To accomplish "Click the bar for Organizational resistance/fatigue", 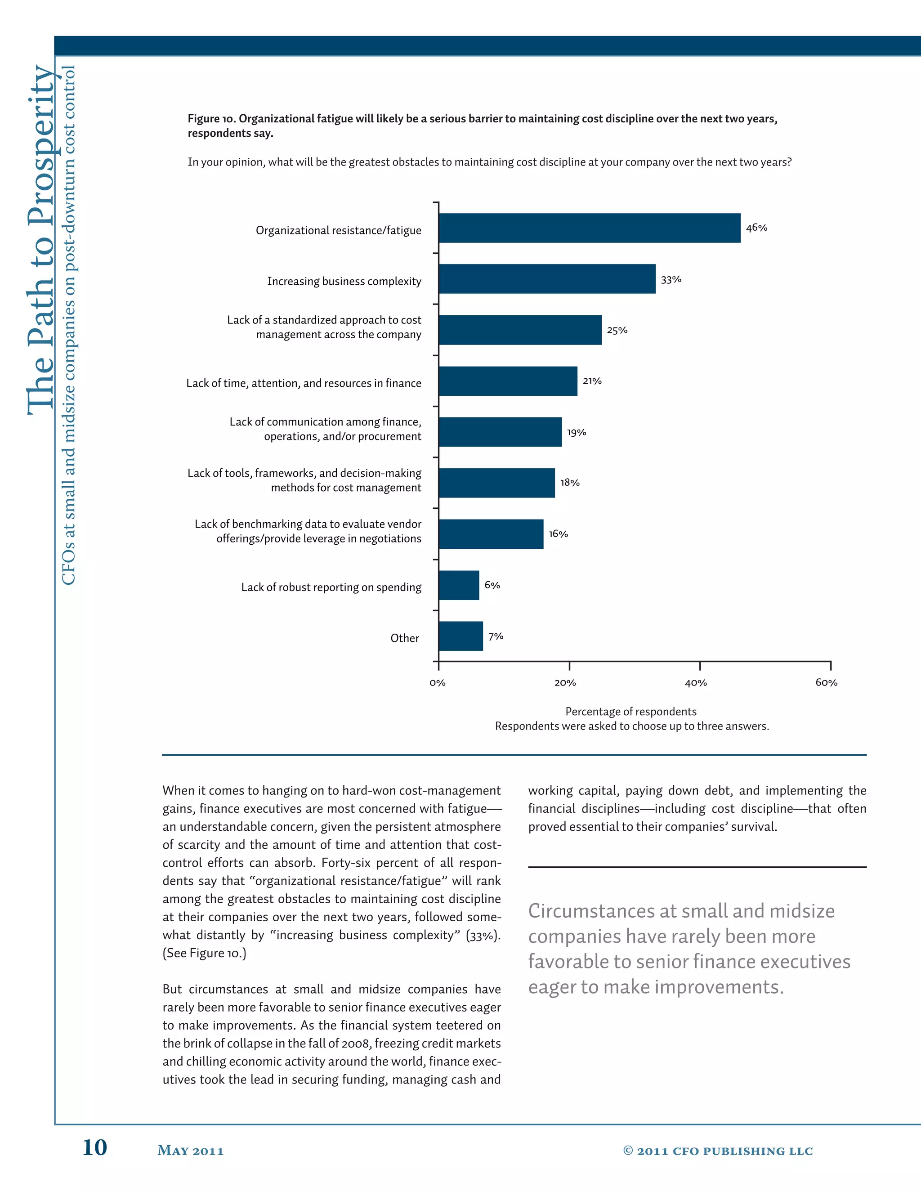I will [589, 228].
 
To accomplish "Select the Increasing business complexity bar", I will [547, 279].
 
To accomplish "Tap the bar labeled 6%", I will [459, 585].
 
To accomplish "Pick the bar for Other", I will [460, 636].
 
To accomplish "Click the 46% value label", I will [756, 228].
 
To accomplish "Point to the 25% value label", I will [617, 330].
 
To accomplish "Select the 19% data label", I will [576, 432].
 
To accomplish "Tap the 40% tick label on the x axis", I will [696, 683].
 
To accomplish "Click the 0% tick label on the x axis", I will [438, 683].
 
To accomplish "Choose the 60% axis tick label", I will [826, 683].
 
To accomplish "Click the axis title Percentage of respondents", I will [631, 712].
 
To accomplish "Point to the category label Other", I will [404, 638].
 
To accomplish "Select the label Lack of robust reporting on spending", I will [331, 587].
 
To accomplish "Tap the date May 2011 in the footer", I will [190, 1151].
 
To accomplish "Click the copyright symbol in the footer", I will [628, 1150].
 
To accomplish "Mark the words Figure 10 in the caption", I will [210, 119].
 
